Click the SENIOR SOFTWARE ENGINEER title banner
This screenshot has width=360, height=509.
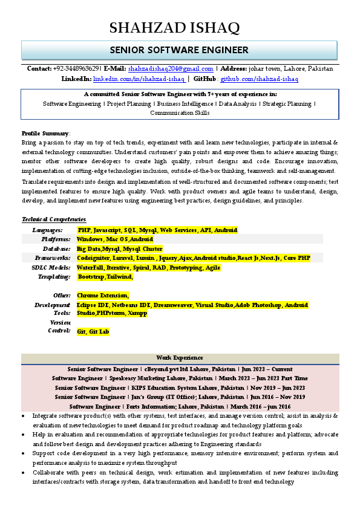[x=179, y=50]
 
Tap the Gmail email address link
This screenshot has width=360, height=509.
[x=171, y=69]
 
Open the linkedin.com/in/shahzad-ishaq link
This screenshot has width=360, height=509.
[x=139, y=79]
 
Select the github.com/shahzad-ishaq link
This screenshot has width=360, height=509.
[x=259, y=79]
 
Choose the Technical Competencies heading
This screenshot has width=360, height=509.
[x=54, y=219]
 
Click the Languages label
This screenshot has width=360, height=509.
[x=47, y=230]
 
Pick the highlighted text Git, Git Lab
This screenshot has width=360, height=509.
[x=93, y=332]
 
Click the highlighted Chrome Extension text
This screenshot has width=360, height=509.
[x=103, y=296]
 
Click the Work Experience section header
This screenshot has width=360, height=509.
[x=180, y=358]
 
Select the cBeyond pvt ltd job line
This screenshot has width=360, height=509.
[x=180, y=369]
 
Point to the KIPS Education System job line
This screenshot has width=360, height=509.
[x=180, y=387]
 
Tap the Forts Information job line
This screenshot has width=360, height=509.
[x=180, y=406]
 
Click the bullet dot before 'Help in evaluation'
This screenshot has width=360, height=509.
[x=24, y=435]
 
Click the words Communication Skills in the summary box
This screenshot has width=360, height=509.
[x=180, y=113]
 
